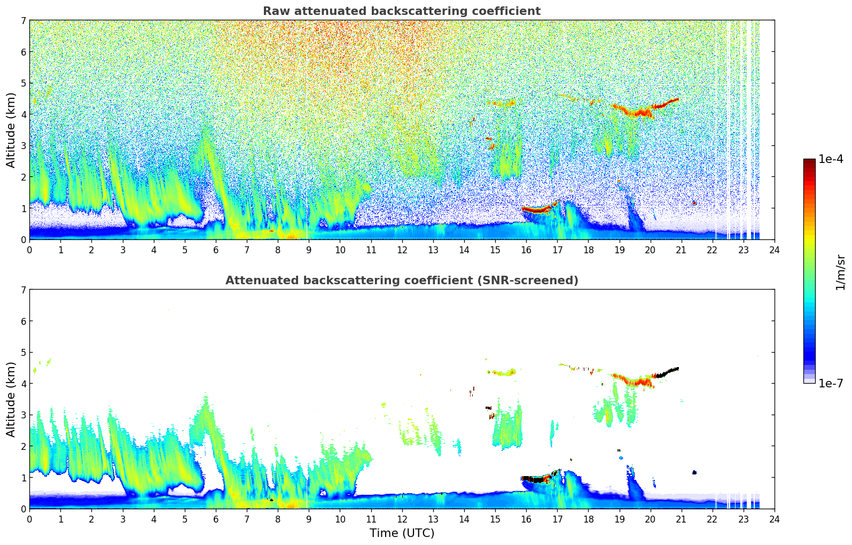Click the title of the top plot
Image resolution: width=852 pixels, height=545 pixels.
click(401, 11)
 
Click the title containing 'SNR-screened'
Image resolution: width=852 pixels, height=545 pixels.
click(401, 281)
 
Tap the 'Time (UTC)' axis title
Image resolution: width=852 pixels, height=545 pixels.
click(402, 533)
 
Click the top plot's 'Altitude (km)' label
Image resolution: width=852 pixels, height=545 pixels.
click(11, 130)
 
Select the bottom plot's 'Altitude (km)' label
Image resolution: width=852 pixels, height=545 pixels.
click(11, 399)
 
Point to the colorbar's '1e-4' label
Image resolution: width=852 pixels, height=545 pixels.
click(831, 159)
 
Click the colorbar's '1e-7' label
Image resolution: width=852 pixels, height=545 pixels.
click(831, 383)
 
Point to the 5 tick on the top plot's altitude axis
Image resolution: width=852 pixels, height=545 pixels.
click(24, 83)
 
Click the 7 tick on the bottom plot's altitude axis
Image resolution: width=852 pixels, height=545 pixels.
click(24, 290)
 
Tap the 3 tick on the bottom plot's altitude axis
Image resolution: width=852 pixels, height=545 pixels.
click(24, 415)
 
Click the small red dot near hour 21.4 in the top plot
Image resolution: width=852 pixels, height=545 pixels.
click(694, 203)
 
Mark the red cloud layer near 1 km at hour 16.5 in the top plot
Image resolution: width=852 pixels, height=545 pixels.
click(536, 210)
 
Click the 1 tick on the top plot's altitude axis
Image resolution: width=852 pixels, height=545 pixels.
click(24, 208)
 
